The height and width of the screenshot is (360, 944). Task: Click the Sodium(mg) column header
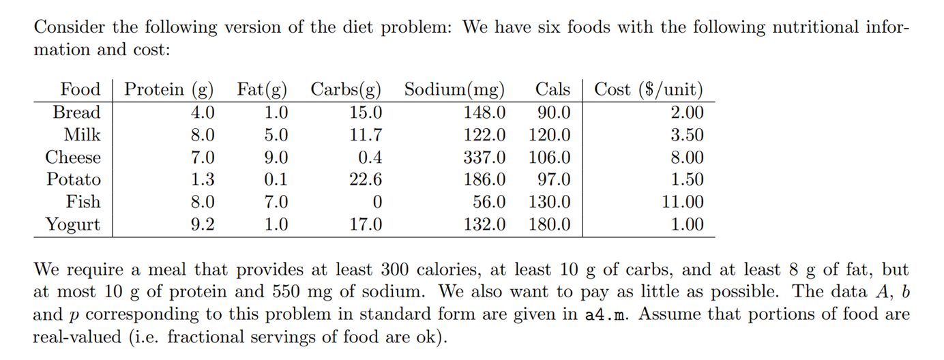click(454, 89)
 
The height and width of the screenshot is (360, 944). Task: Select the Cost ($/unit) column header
click(649, 89)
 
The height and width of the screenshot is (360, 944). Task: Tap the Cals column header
click(552, 89)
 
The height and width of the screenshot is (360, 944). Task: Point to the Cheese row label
click(73, 157)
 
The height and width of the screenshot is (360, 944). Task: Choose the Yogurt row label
click(73, 225)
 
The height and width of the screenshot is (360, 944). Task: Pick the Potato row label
click(74, 180)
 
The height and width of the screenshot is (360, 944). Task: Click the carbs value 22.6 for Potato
click(366, 180)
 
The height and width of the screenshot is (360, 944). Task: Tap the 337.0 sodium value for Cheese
click(485, 157)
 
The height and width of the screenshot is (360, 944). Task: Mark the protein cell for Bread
click(202, 112)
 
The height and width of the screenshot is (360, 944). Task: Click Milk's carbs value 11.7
click(366, 135)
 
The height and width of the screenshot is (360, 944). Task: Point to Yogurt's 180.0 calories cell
click(550, 225)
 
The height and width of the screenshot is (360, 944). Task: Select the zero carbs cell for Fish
click(377, 202)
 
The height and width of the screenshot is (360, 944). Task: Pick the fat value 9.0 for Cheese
click(276, 157)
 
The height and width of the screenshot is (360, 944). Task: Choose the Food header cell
click(80, 89)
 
